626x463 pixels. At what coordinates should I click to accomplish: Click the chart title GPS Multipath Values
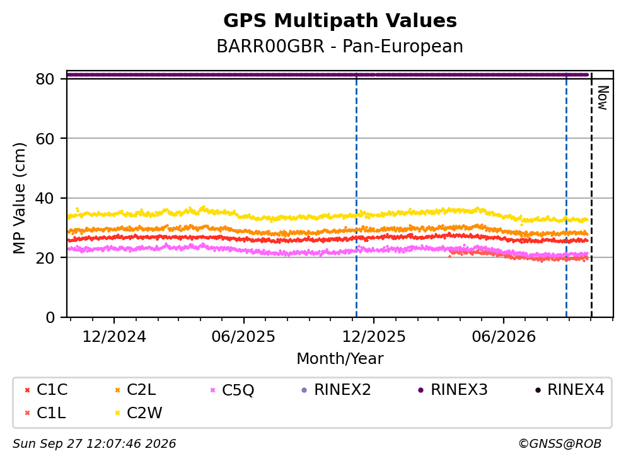340,21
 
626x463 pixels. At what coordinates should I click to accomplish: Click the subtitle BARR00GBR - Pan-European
340,46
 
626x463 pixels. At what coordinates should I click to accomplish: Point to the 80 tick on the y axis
45,79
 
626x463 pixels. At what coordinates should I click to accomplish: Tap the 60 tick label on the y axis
45,139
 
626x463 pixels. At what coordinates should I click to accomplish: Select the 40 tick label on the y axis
45,198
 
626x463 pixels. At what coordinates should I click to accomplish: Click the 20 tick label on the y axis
45,257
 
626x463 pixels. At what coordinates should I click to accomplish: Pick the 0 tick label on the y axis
50,317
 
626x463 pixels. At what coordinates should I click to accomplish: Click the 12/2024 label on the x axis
114,337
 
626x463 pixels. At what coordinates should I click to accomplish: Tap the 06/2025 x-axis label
243,337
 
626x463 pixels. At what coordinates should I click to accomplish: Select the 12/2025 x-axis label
374,337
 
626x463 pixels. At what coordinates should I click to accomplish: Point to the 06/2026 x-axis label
504,337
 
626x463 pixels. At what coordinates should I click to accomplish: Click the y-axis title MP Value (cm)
19,198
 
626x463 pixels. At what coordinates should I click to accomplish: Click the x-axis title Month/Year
340,358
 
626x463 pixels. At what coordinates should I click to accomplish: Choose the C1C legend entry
46,389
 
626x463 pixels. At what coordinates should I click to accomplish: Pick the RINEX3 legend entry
453,389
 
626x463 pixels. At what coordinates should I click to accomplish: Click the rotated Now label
603,98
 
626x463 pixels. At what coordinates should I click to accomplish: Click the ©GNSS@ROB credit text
560,443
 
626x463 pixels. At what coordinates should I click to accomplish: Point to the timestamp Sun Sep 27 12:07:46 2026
94,443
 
